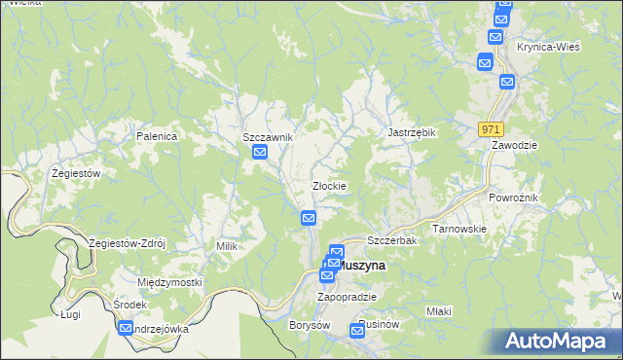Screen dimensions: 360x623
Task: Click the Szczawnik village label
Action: coord(268,137)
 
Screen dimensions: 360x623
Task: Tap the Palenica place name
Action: coord(157,136)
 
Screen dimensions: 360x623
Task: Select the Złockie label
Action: coord(329,185)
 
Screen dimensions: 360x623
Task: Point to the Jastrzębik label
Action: coord(411,131)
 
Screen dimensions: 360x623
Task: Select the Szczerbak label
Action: coord(392,240)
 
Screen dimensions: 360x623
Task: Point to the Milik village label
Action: coord(227,246)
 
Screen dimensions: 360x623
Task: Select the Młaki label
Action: coord(439,311)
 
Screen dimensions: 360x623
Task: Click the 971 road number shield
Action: coord(492,128)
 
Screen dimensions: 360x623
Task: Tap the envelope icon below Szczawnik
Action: coord(260,153)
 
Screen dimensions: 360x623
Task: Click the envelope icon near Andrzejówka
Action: coord(126,329)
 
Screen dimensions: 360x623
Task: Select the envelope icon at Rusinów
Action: coord(357,333)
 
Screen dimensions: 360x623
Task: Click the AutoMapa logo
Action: coord(558,341)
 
